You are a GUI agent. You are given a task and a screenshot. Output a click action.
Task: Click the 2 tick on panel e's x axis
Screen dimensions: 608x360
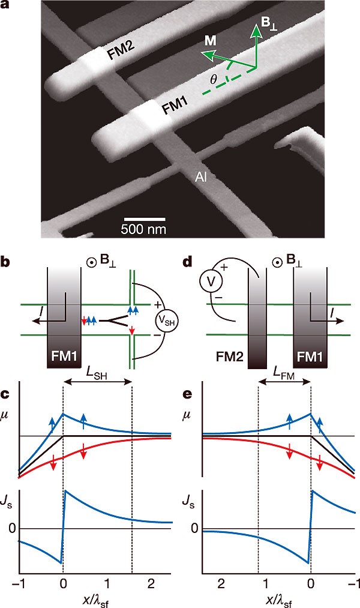click(221, 582)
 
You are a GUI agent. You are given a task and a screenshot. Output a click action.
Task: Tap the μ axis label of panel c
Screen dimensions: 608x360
click(7, 412)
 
